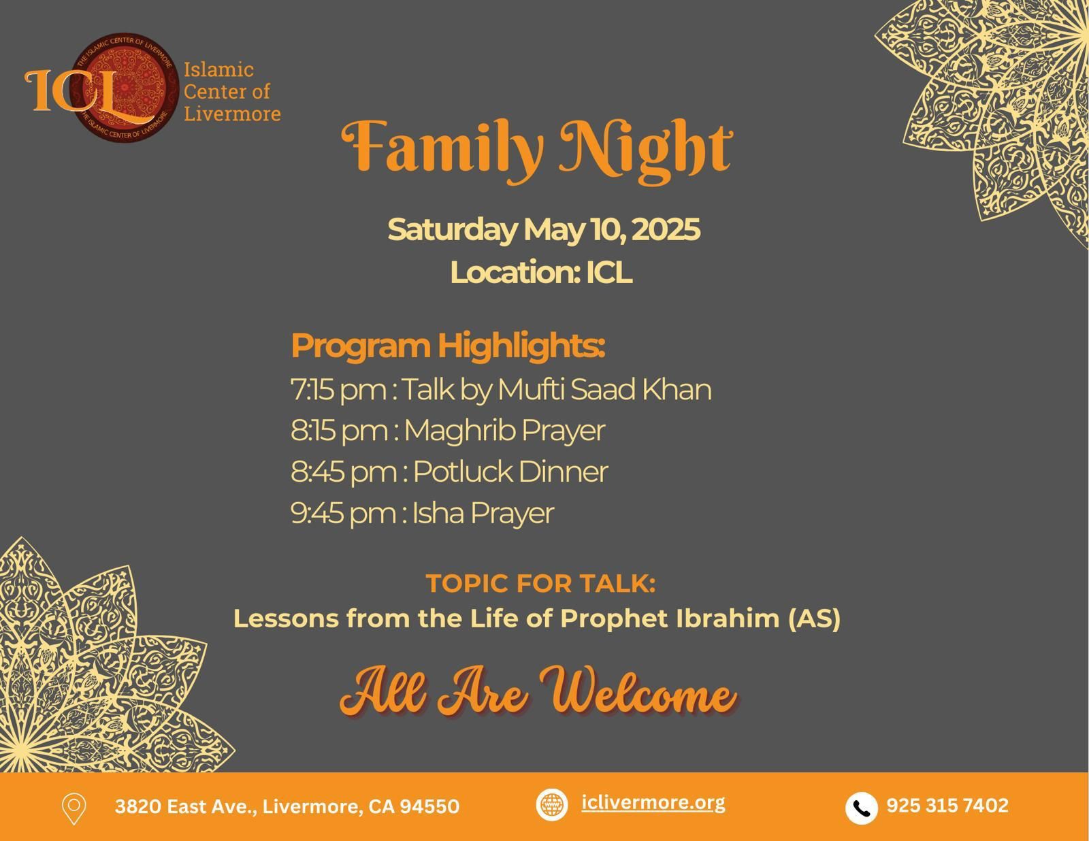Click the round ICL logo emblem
[124, 88]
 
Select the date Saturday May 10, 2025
[544, 229]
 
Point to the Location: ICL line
[541, 272]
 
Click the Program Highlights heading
[448, 346]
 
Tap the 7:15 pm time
[339, 389]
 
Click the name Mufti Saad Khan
[604, 389]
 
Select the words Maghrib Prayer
[504, 430]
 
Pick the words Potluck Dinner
[510, 472]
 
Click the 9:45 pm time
[343, 513]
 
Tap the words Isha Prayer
[483, 513]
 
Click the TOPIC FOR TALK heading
[540, 583]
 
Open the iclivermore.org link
[653, 803]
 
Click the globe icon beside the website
[552, 805]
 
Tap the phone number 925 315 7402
[947, 806]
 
